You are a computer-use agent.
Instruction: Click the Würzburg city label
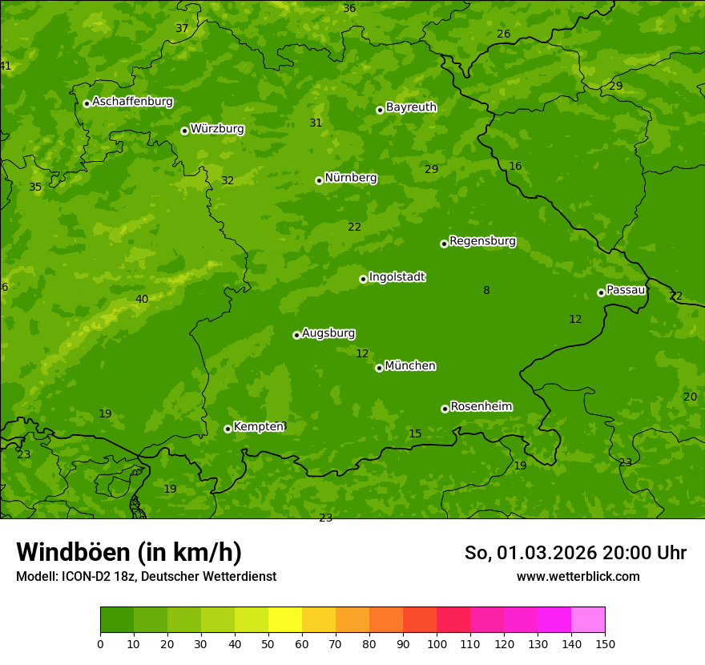click(x=217, y=129)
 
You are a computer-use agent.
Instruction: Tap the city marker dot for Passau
click(x=601, y=292)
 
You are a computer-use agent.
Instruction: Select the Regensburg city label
click(x=482, y=241)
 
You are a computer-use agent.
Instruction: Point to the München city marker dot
click(x=379, y=368)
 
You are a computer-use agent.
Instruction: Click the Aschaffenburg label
click(x=132, y=102)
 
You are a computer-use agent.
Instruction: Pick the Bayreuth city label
click(x=411, y=107)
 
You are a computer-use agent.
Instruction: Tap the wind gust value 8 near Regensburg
click(x=486, y=291)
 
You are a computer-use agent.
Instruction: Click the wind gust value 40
click(x=142, y=300)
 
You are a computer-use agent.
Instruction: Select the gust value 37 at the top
click(x=182, y=28)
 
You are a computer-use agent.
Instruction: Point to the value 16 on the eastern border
click(x=515, y=167)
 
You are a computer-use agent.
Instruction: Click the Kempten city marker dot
click(x=228, y=429)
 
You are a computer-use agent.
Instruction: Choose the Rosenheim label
click(x=481, y=407)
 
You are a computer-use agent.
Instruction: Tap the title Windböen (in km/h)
click(x=129, y=552)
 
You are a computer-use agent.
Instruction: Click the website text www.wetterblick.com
click(x=578, y=576)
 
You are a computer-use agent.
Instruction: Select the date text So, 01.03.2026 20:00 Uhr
click(x=575, y=553)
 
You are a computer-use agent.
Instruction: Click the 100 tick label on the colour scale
click(x=437, y=643)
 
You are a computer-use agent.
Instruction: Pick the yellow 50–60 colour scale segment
click(x=285, y=620)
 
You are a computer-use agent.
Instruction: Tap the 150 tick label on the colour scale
click(x=605, y=643)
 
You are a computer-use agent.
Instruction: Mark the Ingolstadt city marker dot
click(x=363, y=279)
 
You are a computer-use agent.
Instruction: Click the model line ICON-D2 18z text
click(x=146, y=576)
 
